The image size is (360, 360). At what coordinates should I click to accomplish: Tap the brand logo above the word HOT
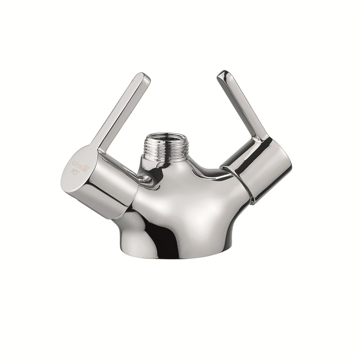[x=76, y=162]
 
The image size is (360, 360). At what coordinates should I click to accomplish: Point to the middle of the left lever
[x=121, y=112]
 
